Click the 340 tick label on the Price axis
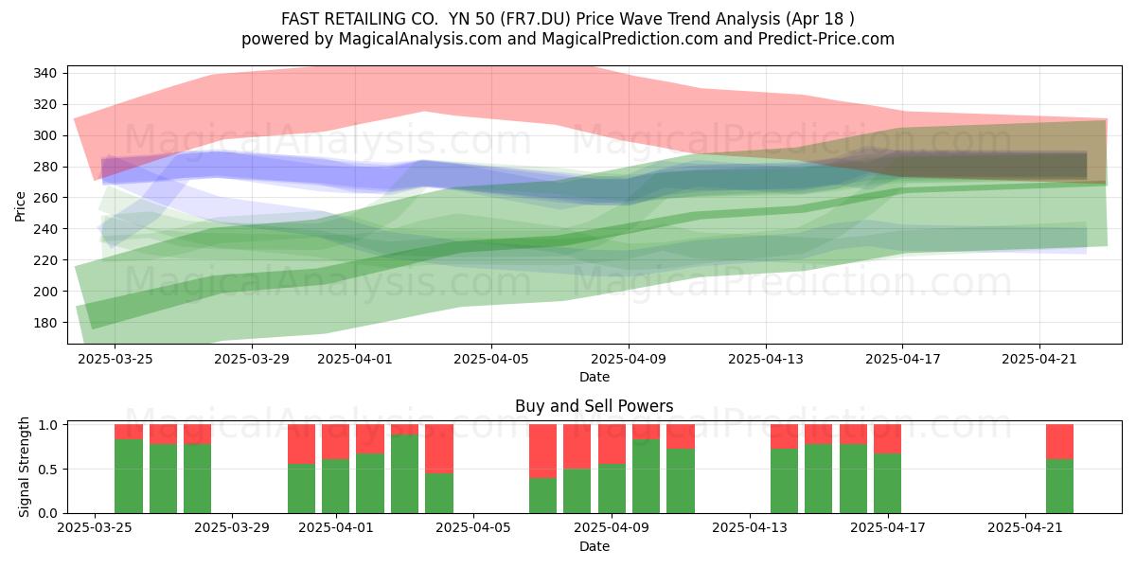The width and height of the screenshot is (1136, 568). click(44, 74)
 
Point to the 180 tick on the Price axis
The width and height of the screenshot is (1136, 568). click(44, 323)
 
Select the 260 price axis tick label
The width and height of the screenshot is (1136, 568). click(44, 198)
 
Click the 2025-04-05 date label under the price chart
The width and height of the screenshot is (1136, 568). click(491, 359)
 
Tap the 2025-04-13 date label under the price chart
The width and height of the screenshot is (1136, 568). click(766, 359)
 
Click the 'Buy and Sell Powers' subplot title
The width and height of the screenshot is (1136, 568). click(594, 406)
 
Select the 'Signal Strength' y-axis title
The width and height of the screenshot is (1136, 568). click(24, 467)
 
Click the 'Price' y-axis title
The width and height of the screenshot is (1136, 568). click(20, 206)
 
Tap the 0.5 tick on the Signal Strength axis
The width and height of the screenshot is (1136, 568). click(48, 470)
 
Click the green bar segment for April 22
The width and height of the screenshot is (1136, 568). click(1059, 487)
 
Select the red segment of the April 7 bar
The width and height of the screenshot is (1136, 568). click(542, 452)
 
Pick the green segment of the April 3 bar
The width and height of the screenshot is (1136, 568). click(405, 473)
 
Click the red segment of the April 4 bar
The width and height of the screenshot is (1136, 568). click(439, 449)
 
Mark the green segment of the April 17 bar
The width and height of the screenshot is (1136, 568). click(888, 484)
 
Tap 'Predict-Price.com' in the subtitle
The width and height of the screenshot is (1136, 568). click(826, 39)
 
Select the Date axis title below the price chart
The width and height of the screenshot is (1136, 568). click(595, 378)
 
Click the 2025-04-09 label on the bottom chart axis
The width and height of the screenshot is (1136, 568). click(612, 528)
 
